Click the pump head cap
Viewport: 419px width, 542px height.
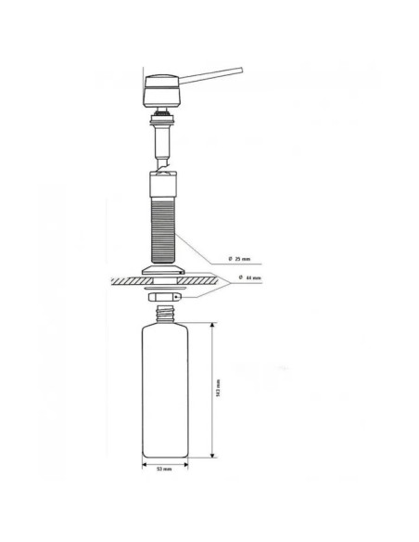pyautogui.click(x=160, y=90)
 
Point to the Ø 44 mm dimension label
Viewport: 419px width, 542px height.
pyautogui.click(x=250, y=277)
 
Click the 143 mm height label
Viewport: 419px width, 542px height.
pyautogui.click(x=219, y=390)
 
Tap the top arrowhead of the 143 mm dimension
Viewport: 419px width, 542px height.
pyautogui.click(x=214, y=325)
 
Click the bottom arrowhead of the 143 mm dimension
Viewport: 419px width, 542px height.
pyautogui.click(x=214, y=456)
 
